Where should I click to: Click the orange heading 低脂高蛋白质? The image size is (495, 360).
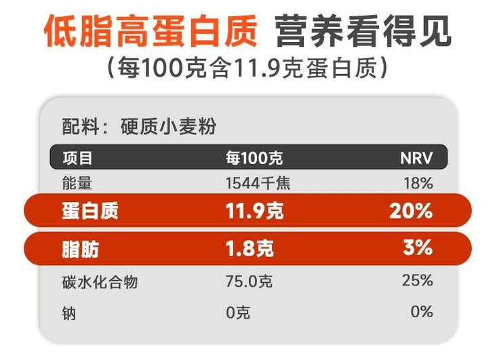151,31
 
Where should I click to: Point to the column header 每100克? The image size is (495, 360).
254,158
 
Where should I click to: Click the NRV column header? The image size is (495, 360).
416,158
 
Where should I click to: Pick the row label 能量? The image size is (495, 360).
77,182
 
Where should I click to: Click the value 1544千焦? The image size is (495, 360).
258,182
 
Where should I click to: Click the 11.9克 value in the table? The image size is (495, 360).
254,211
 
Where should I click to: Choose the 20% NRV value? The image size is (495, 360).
411,211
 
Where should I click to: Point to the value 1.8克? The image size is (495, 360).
250,249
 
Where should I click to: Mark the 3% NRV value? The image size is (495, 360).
417,248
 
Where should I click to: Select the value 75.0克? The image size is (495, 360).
250,281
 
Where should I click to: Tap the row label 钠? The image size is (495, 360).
68,313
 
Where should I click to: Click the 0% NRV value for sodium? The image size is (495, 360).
422,312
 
